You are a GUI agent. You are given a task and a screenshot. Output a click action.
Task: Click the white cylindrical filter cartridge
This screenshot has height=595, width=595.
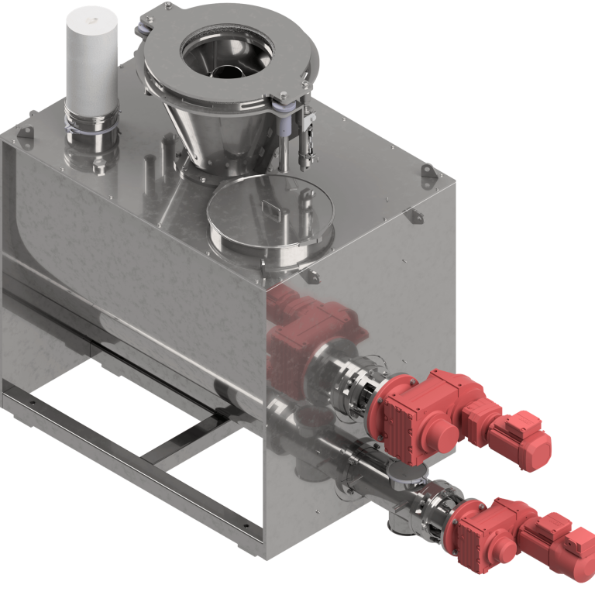(x=91, y=58)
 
